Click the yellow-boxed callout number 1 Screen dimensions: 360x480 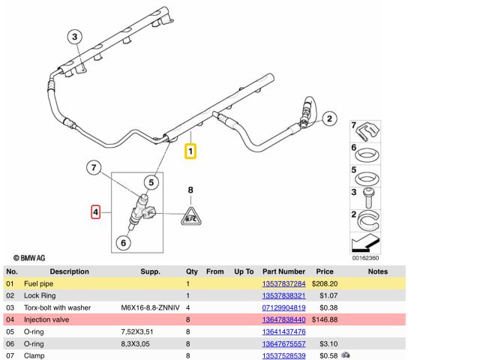coord(191,151)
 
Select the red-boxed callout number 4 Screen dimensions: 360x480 coord(95,212)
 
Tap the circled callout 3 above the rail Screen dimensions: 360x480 coord(75,37)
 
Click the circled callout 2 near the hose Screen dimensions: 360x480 coord(328,118)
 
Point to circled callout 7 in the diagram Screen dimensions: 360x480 coord(93,167)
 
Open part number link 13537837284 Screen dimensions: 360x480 coord(283,284)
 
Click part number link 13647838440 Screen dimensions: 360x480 coord(283,319)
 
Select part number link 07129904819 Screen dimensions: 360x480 coord(283,307)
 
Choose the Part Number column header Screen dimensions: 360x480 coord(283,271)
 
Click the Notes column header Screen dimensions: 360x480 coord(378,271)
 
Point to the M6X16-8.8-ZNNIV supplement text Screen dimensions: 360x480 coord(151,307)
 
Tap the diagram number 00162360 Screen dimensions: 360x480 coord(366,258)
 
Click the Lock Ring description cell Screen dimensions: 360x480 coord(44,296)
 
